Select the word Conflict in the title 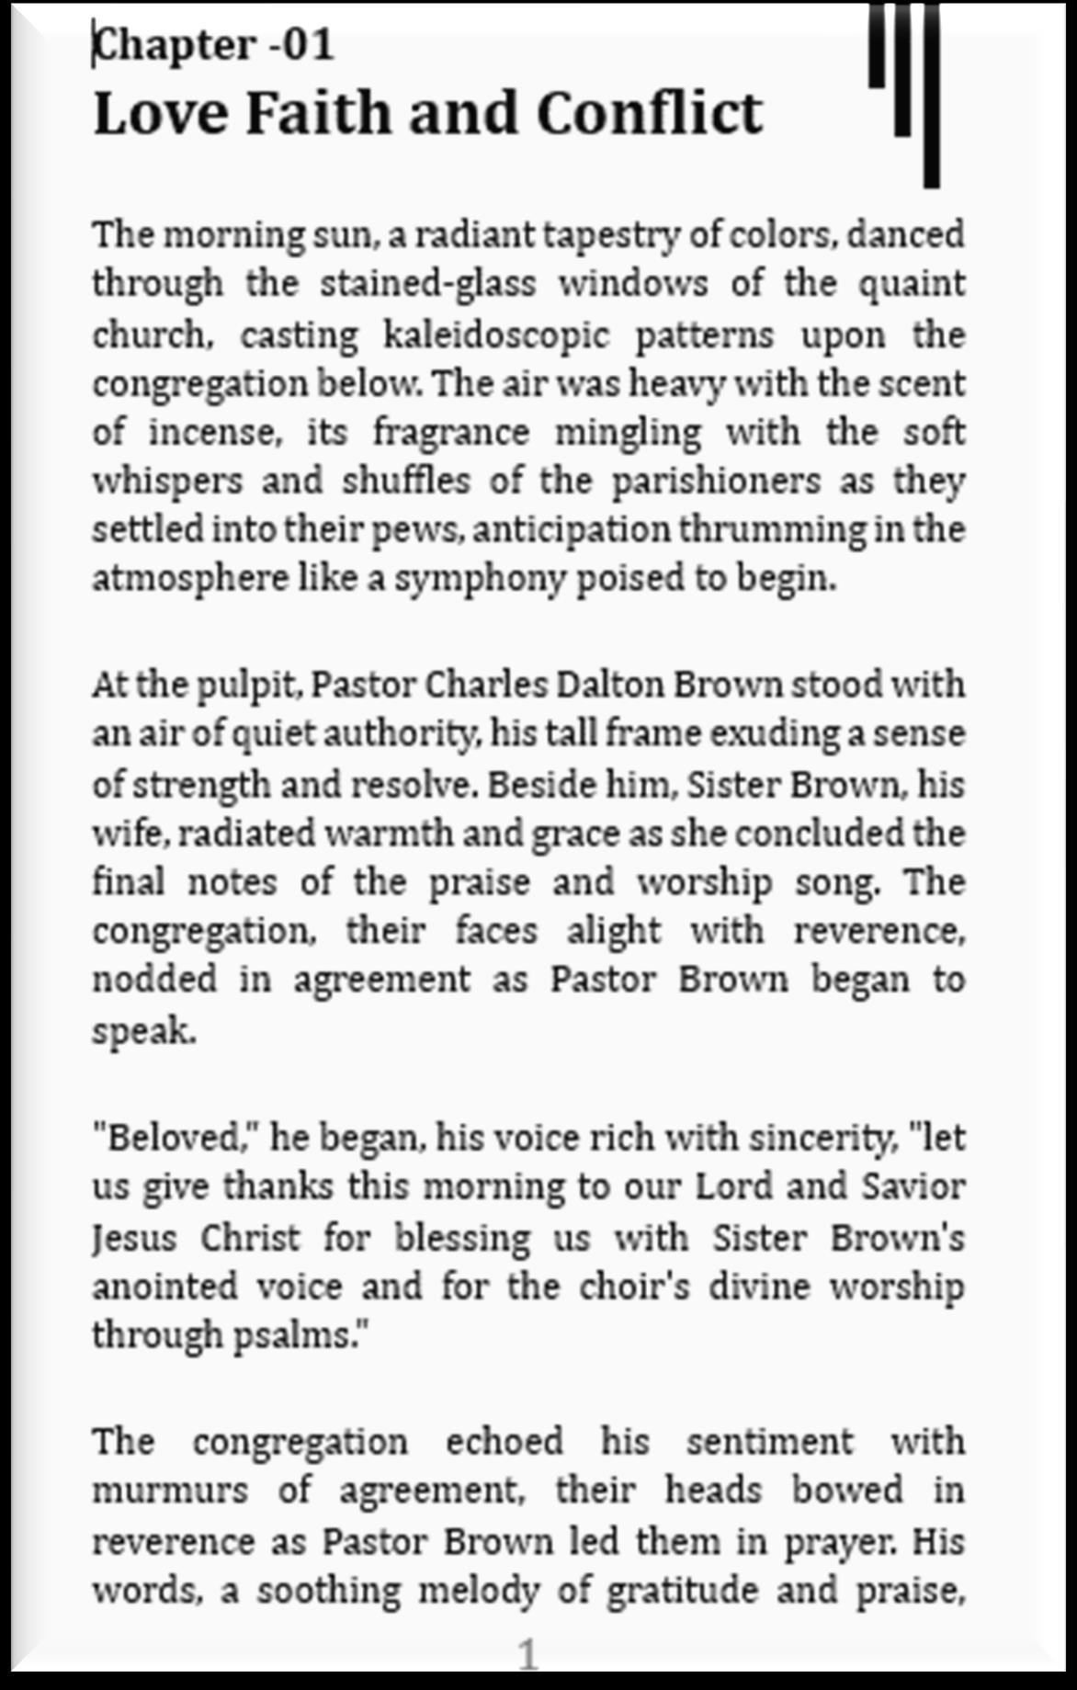(x=649, y=113)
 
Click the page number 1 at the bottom (x=527, y=1654)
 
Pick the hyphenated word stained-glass (x=427, y=284)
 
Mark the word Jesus (x=134, y=1237)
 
